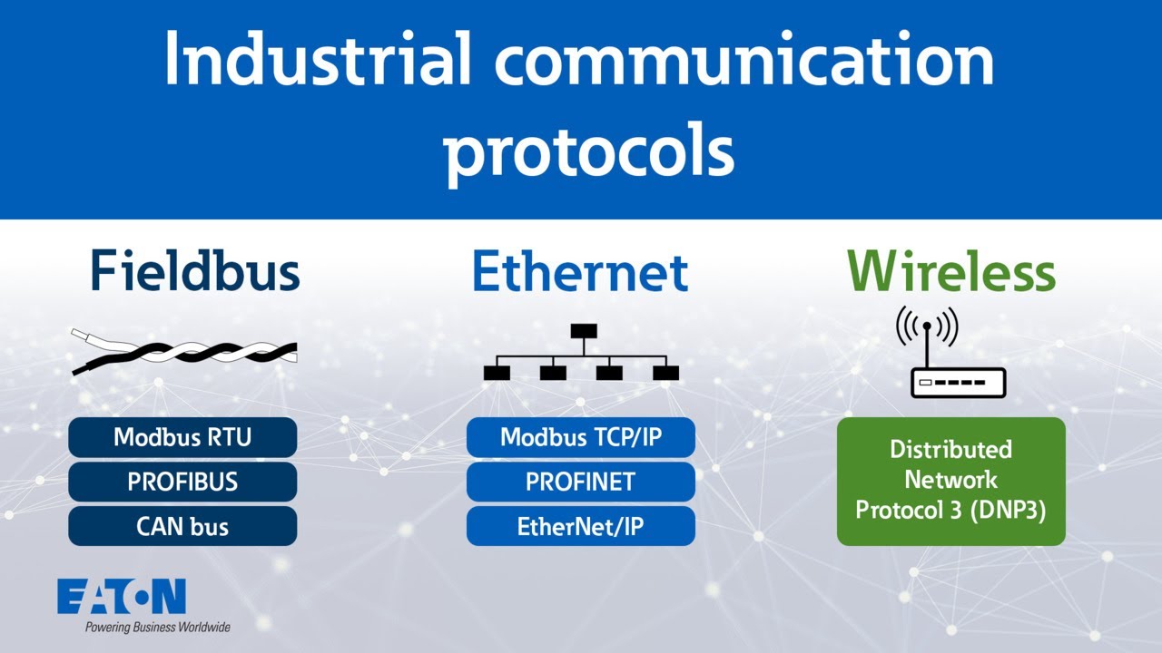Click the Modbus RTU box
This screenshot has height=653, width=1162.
tap(182, 437)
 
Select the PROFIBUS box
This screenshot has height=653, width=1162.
tap(182, 482)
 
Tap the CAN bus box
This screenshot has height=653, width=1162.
tap(182, 526)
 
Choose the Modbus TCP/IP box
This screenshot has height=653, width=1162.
tap(581, 437)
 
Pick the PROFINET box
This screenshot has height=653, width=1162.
tap(581, 482)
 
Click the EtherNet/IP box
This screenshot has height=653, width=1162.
tap(581, 526)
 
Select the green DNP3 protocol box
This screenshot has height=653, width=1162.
tap(950, 481)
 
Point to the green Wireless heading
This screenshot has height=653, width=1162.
tap(950, 270)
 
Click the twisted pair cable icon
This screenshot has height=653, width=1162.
tap(184, 351)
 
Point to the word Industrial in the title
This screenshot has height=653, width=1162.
tap(319, 60)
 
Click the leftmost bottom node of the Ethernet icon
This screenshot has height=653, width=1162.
tap(497, 372)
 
